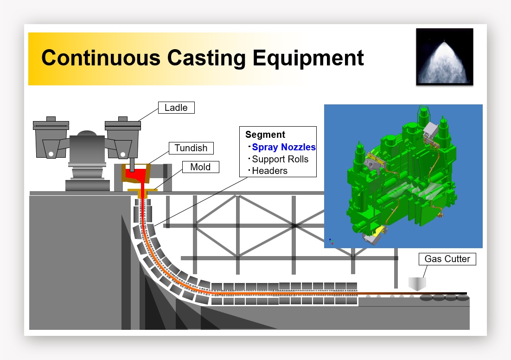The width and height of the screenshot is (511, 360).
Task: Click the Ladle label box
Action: point(176,108)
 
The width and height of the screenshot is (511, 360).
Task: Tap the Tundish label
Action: point(191,148)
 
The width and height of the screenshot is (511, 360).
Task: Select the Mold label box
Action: point(200,167)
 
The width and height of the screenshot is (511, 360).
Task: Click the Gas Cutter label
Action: point(447,259)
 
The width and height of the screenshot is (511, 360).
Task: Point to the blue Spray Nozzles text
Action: point(284,147)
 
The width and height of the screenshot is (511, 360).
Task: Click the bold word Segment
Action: point(265,135)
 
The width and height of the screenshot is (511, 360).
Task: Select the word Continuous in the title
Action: point(101,58)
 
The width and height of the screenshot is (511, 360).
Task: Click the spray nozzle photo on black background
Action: point(445,57)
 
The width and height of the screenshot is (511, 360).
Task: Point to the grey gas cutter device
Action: point(417,284)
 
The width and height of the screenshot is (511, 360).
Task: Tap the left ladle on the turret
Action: point(51,137)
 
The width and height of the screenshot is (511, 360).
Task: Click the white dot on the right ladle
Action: point(123,154)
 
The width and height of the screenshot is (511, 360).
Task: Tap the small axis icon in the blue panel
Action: point(331,241)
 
